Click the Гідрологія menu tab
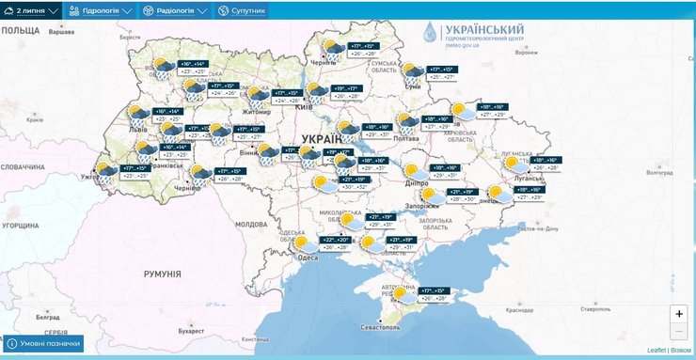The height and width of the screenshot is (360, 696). [105, 10]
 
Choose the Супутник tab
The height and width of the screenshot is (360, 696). [242, 10]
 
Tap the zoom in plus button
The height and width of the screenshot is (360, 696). [679, 314]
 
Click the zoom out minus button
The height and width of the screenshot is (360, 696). [679, 331]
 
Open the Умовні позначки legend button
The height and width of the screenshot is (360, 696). [43, 344]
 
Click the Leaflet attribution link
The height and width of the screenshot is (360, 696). [656, 350]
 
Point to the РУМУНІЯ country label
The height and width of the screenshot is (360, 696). [162, 273]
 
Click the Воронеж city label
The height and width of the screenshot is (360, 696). [526, 53]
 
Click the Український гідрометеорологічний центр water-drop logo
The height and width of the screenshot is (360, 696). [430, 33]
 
